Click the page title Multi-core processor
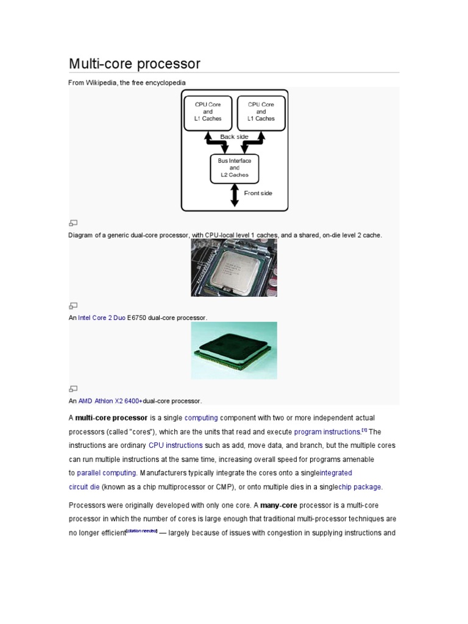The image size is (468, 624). (x=134, y=63)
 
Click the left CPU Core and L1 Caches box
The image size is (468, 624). (x=208, y=112)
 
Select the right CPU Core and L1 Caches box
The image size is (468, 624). (x=261, y=112)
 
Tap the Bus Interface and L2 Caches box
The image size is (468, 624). (x=234, y=168)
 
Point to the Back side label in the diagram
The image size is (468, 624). (x=234, y=137)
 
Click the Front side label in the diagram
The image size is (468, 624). (x=258, y=193)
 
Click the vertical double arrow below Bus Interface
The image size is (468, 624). (x=234, y=195)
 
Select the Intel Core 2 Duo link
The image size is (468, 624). (x=102, y=318)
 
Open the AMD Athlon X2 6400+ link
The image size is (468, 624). (x=110, y=401)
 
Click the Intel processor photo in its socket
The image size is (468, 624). (x=234, y=268)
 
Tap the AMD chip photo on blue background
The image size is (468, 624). (x=234, y=350)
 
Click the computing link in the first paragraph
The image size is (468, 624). (x=201, y=418)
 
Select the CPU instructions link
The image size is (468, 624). (x=175, y=445)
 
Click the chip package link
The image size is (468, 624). (x=360, y=487)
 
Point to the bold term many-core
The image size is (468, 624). (x=279, y=505)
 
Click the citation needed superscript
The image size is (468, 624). (x=141, y=531)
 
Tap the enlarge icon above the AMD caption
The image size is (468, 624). (x=73, y=388)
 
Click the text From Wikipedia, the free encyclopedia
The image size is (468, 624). (x=127, y=82)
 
